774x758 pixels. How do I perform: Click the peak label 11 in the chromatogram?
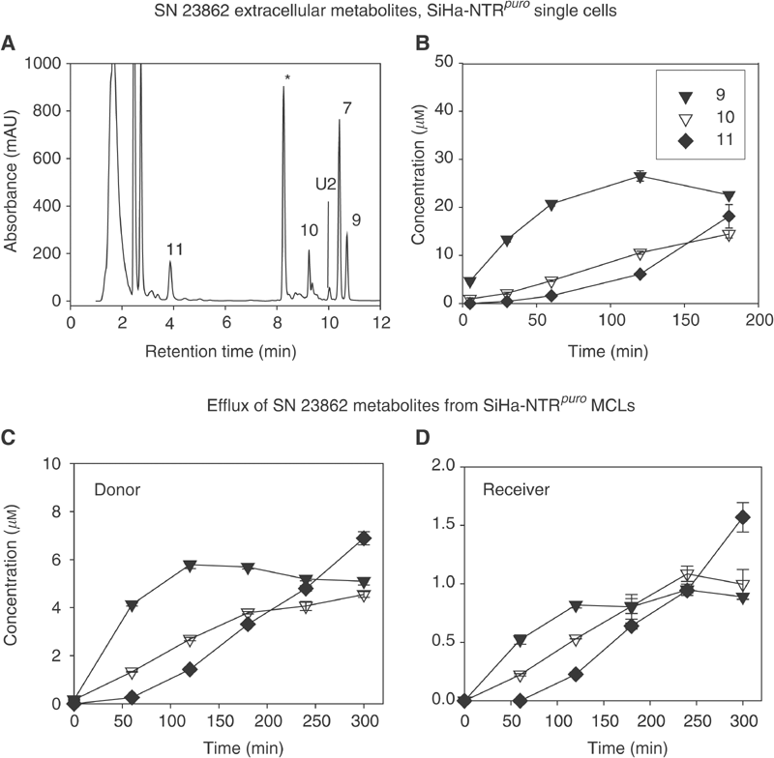[175, 248]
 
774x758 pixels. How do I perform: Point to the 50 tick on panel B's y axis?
[443, 64]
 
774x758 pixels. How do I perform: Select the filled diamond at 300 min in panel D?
[742, 518]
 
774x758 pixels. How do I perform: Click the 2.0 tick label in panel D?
[441, 464]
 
